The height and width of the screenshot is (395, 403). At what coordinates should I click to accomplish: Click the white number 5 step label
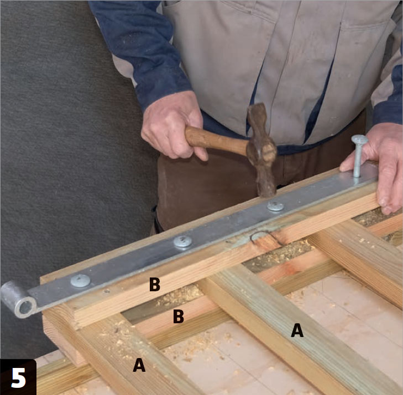point(18,377)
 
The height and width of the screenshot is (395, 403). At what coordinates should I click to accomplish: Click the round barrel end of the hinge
point(18,299)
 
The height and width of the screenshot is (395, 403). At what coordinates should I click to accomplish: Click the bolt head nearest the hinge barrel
point(81,281)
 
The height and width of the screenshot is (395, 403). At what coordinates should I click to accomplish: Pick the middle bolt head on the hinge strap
point(182,242)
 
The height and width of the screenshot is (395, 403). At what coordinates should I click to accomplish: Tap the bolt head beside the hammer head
point(275,206)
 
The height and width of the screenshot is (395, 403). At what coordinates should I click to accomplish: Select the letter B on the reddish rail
point(179,316)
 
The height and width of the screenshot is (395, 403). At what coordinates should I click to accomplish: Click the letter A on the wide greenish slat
point(297,330)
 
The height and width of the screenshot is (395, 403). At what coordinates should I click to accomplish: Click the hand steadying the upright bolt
point(378,164)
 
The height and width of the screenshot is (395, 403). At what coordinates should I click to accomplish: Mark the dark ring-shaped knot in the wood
point(266,237)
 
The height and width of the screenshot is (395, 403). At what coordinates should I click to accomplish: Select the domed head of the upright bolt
point(359,139)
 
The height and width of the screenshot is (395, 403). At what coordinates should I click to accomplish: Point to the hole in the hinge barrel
point(25,307)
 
